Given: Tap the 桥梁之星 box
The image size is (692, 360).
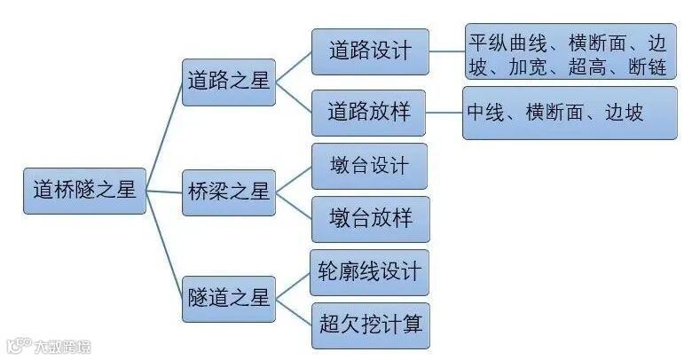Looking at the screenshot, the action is [x=228, y=190].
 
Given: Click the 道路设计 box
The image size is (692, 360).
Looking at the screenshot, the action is [x=370, y=51].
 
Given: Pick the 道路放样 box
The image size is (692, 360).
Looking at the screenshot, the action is [x=370, y=113].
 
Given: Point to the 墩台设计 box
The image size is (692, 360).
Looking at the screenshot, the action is [x=370, y=166].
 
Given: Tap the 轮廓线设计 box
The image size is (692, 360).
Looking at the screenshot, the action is [x=370, y=271].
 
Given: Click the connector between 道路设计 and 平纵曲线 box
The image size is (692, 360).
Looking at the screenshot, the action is [x=447, y=51].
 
